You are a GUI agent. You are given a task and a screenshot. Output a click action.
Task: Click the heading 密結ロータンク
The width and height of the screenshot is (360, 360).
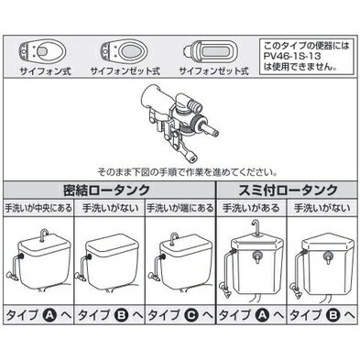(106, 190)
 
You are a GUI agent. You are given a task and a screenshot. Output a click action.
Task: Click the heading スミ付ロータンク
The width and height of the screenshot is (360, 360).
(288, 190)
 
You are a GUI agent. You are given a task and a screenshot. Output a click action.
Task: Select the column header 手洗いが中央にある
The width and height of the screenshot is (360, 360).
(38, 208)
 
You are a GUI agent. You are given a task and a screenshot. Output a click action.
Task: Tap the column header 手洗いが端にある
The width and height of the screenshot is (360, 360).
(180, 208)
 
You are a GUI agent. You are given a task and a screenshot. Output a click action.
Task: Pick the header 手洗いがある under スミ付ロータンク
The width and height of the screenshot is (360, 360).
(251, 208)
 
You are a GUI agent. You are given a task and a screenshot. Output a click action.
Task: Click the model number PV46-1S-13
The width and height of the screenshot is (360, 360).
(292, 57)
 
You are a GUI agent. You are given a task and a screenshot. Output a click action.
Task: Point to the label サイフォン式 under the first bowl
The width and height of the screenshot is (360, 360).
(45, 71)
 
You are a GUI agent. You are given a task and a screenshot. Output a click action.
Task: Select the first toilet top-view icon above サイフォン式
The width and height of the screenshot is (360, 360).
(42, 50)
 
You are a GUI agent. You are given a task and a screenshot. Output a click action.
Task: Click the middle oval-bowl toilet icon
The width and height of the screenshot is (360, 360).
(125, 50)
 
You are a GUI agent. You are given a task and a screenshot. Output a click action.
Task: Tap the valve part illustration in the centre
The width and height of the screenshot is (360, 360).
(180, 122)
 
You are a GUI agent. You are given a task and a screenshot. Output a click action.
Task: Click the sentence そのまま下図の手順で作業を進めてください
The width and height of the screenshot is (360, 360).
(188, 172)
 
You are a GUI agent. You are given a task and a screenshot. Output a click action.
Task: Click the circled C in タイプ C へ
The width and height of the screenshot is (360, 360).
(191, 315)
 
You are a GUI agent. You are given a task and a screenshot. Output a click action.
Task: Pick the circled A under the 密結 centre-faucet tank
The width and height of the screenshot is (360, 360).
(49, 315)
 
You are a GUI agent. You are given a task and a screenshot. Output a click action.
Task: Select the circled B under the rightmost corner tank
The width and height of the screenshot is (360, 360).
(333, 315)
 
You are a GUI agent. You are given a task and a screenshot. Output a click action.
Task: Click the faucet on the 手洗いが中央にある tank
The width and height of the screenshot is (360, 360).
(44, 235)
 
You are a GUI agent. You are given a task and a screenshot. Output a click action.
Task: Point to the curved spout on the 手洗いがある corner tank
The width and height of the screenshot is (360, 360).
(256, 227)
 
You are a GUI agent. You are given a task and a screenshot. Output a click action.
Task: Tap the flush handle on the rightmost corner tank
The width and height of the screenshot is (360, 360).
(329, 258)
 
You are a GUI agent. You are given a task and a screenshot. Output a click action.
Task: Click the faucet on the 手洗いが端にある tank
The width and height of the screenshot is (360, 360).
(174, 239)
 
